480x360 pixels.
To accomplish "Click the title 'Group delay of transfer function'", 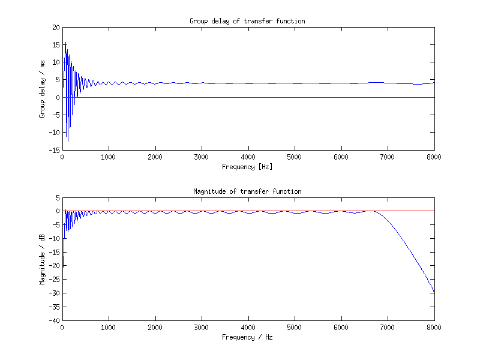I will tap(247, 21).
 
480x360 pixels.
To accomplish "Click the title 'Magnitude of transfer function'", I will tap(247, 191).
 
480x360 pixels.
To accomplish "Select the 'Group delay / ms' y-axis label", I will tap(43, 89).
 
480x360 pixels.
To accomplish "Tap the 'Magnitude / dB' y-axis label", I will tap(43, 259).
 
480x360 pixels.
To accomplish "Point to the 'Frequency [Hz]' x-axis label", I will tap(247, 166).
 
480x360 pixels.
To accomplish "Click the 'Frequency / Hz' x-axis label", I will tap(247, 337).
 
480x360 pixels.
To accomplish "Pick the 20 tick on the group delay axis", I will tap(56, 28).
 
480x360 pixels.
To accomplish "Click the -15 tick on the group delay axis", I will tap(55, 150).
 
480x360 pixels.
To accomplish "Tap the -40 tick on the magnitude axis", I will tap(55, 320).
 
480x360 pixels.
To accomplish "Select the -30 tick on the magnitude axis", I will tap(55, 293).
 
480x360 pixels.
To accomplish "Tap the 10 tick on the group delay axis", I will tap(56, 62).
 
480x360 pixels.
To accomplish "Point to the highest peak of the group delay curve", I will tap(65, 43).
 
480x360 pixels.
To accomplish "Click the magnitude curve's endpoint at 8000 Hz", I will tap(434, 293).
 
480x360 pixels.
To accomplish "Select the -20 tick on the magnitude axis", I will tap(55, 266).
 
